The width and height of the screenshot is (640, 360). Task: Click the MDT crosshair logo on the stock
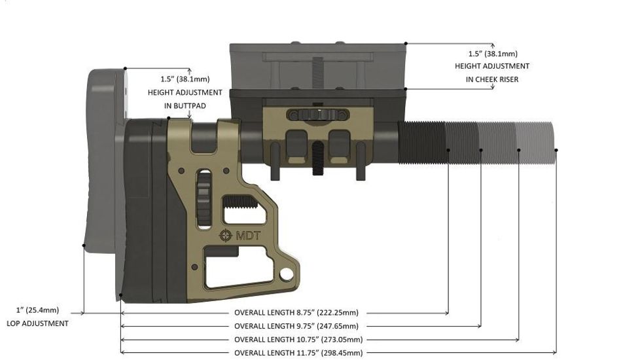tap(226, 235)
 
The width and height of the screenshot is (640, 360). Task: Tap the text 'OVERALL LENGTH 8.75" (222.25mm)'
tap(296, 312)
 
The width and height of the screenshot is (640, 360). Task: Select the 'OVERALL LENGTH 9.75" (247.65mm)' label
tap(296, 326)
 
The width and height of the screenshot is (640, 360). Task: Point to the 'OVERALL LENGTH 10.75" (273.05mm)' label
tap(298, 340)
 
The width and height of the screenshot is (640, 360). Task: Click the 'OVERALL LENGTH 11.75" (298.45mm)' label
tap(298, 353)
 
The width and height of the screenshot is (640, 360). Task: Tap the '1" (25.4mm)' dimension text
tap(37, 310)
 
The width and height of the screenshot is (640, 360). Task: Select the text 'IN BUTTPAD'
tap(185, 105)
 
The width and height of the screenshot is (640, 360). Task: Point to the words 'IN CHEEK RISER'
tap(492, 79)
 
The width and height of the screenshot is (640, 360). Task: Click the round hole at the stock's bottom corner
tap(286, 272)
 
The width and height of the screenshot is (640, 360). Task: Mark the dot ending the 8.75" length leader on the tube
tap(448, 150)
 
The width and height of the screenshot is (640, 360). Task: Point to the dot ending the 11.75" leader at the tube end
tap(556, 150)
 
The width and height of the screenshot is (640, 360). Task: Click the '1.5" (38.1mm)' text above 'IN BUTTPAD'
tap(185, 79)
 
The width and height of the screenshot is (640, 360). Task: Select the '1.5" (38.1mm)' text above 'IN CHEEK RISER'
tap(492, 53)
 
